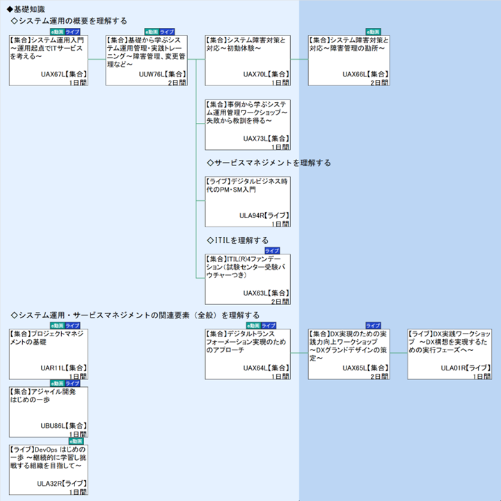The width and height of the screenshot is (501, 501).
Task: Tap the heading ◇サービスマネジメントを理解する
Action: [x=269, y=163]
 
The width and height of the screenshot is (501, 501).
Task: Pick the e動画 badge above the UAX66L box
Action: [x=374, y=31]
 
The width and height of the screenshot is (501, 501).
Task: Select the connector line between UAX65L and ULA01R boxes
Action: [x=398, y=353]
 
